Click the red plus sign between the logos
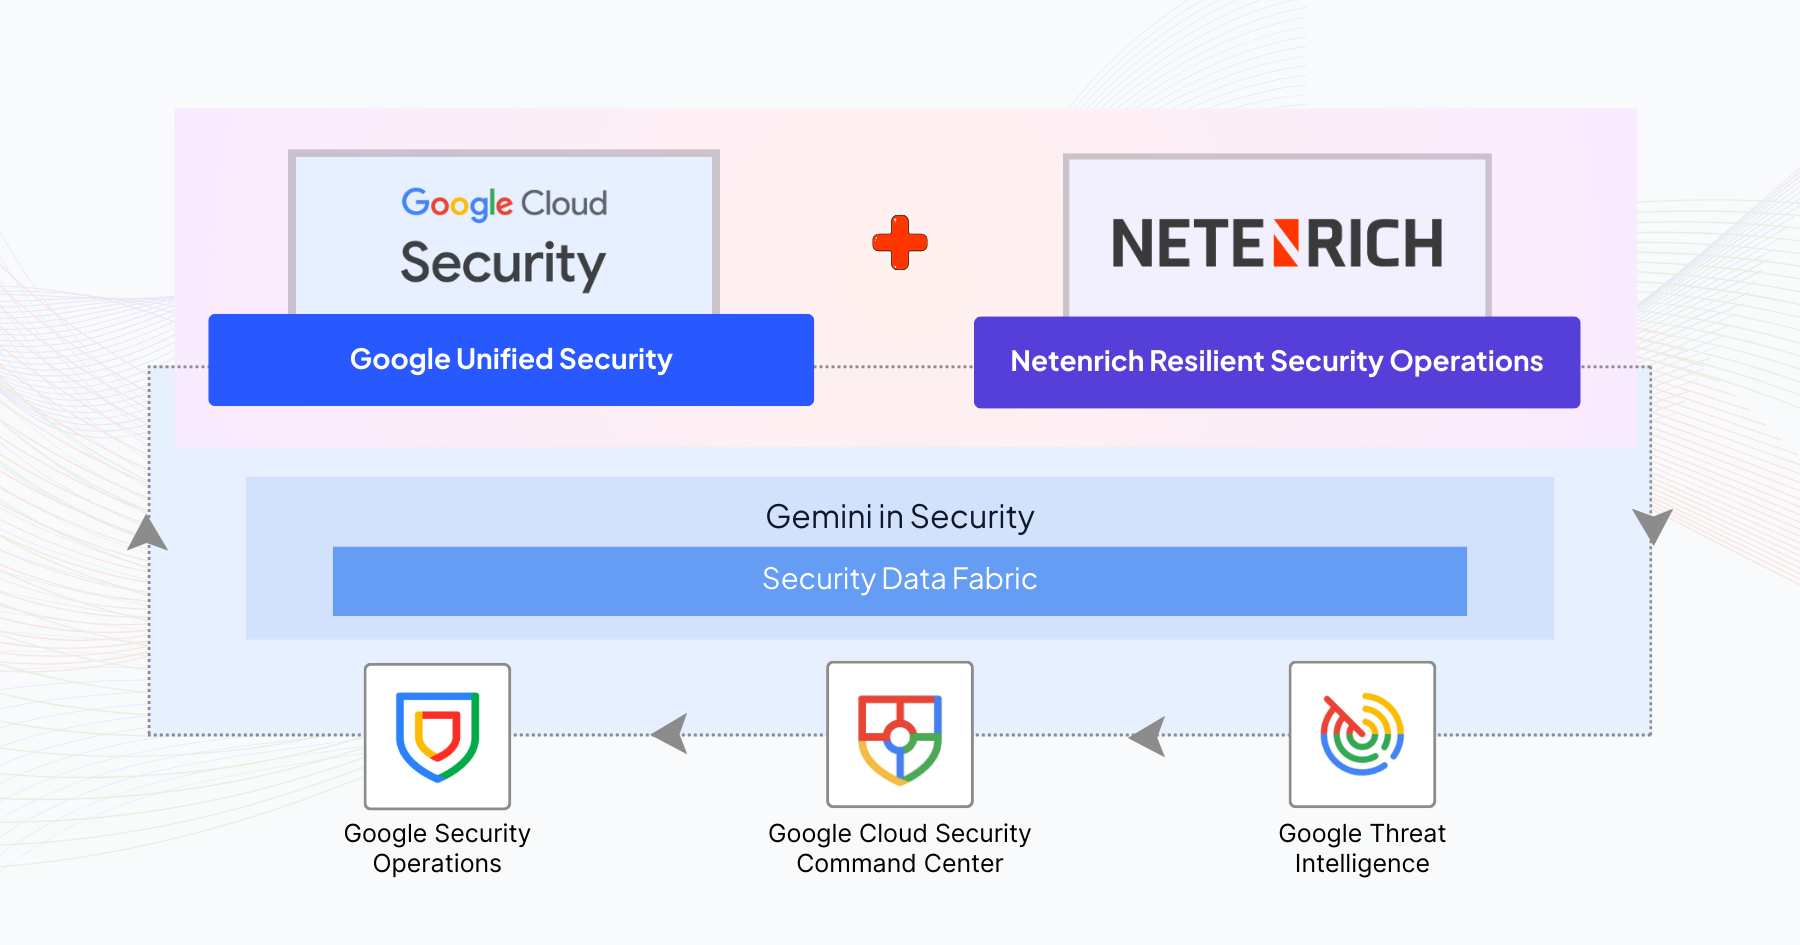(900, 242)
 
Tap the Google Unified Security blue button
(511, 360)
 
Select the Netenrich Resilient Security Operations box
(1277, 362)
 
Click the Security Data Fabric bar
(899, 580)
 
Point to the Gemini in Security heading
(899, 517)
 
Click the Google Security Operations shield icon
(437, 736)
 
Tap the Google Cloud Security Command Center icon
(899, 735)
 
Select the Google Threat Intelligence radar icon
(1362, 735)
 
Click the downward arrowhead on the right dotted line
(1652, 525)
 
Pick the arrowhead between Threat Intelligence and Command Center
(1149, 737)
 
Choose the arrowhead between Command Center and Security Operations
(671, 734)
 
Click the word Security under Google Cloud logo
(503, 264)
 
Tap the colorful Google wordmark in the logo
(457, 203)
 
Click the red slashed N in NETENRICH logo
(1286, 244)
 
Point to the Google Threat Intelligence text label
(1362, 848)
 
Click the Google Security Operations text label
(437, 848)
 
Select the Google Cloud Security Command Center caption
(899, 848)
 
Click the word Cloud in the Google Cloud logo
(564, 203)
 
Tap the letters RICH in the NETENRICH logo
(1375, 244)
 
